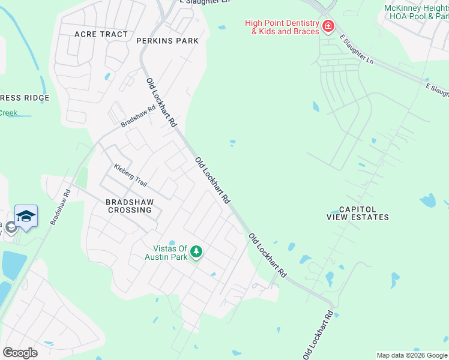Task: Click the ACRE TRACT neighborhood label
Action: click(x=101, y=34)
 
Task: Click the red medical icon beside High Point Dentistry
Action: click(x=328, y=26)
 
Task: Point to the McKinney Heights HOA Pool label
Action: click(x=415, y=12)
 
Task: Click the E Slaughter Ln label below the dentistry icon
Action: click(x=356, y=50)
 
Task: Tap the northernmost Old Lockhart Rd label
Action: click(x=161, y=103)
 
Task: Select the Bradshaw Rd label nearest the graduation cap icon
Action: click(x=60, y=208)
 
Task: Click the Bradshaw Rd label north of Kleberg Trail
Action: click(x=138, y=115)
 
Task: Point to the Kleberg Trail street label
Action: click(x=130, y=175)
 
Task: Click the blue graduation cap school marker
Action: click(x=26, y=215)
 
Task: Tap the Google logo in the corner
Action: click(x=20, y=352)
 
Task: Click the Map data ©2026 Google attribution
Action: click(x=412, y=355)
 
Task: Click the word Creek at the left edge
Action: click(x=8, y=113)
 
